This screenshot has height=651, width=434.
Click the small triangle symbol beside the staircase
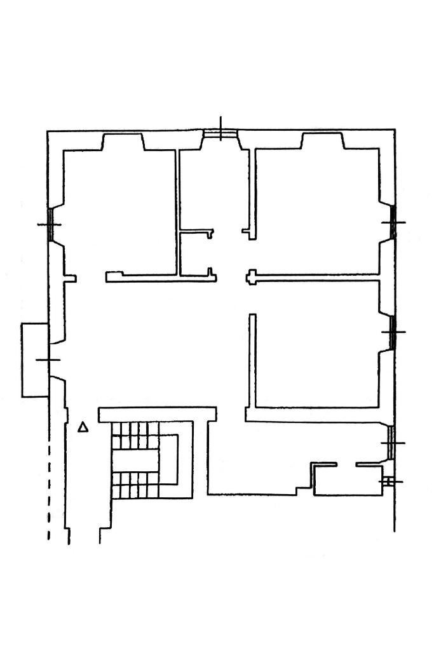coord(83,427)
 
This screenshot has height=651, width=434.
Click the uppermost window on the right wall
coord(393,222)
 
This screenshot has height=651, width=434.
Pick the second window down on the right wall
coord(393,332)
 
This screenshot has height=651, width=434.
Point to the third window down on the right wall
coord(392,443)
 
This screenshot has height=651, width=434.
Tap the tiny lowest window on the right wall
coord(389,482)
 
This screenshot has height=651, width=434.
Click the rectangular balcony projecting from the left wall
coord(36,360)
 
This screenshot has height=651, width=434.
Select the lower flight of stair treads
coord(134,485)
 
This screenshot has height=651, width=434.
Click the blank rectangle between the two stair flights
coord(137,460)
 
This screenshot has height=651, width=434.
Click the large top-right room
coord(318,210)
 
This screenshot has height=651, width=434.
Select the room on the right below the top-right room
coord(318,343)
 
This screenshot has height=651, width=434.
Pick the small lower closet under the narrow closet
coord(195,254)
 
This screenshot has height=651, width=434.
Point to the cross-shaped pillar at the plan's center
coord(252,278)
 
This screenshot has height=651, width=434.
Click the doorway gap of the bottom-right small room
coord(346,465)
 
